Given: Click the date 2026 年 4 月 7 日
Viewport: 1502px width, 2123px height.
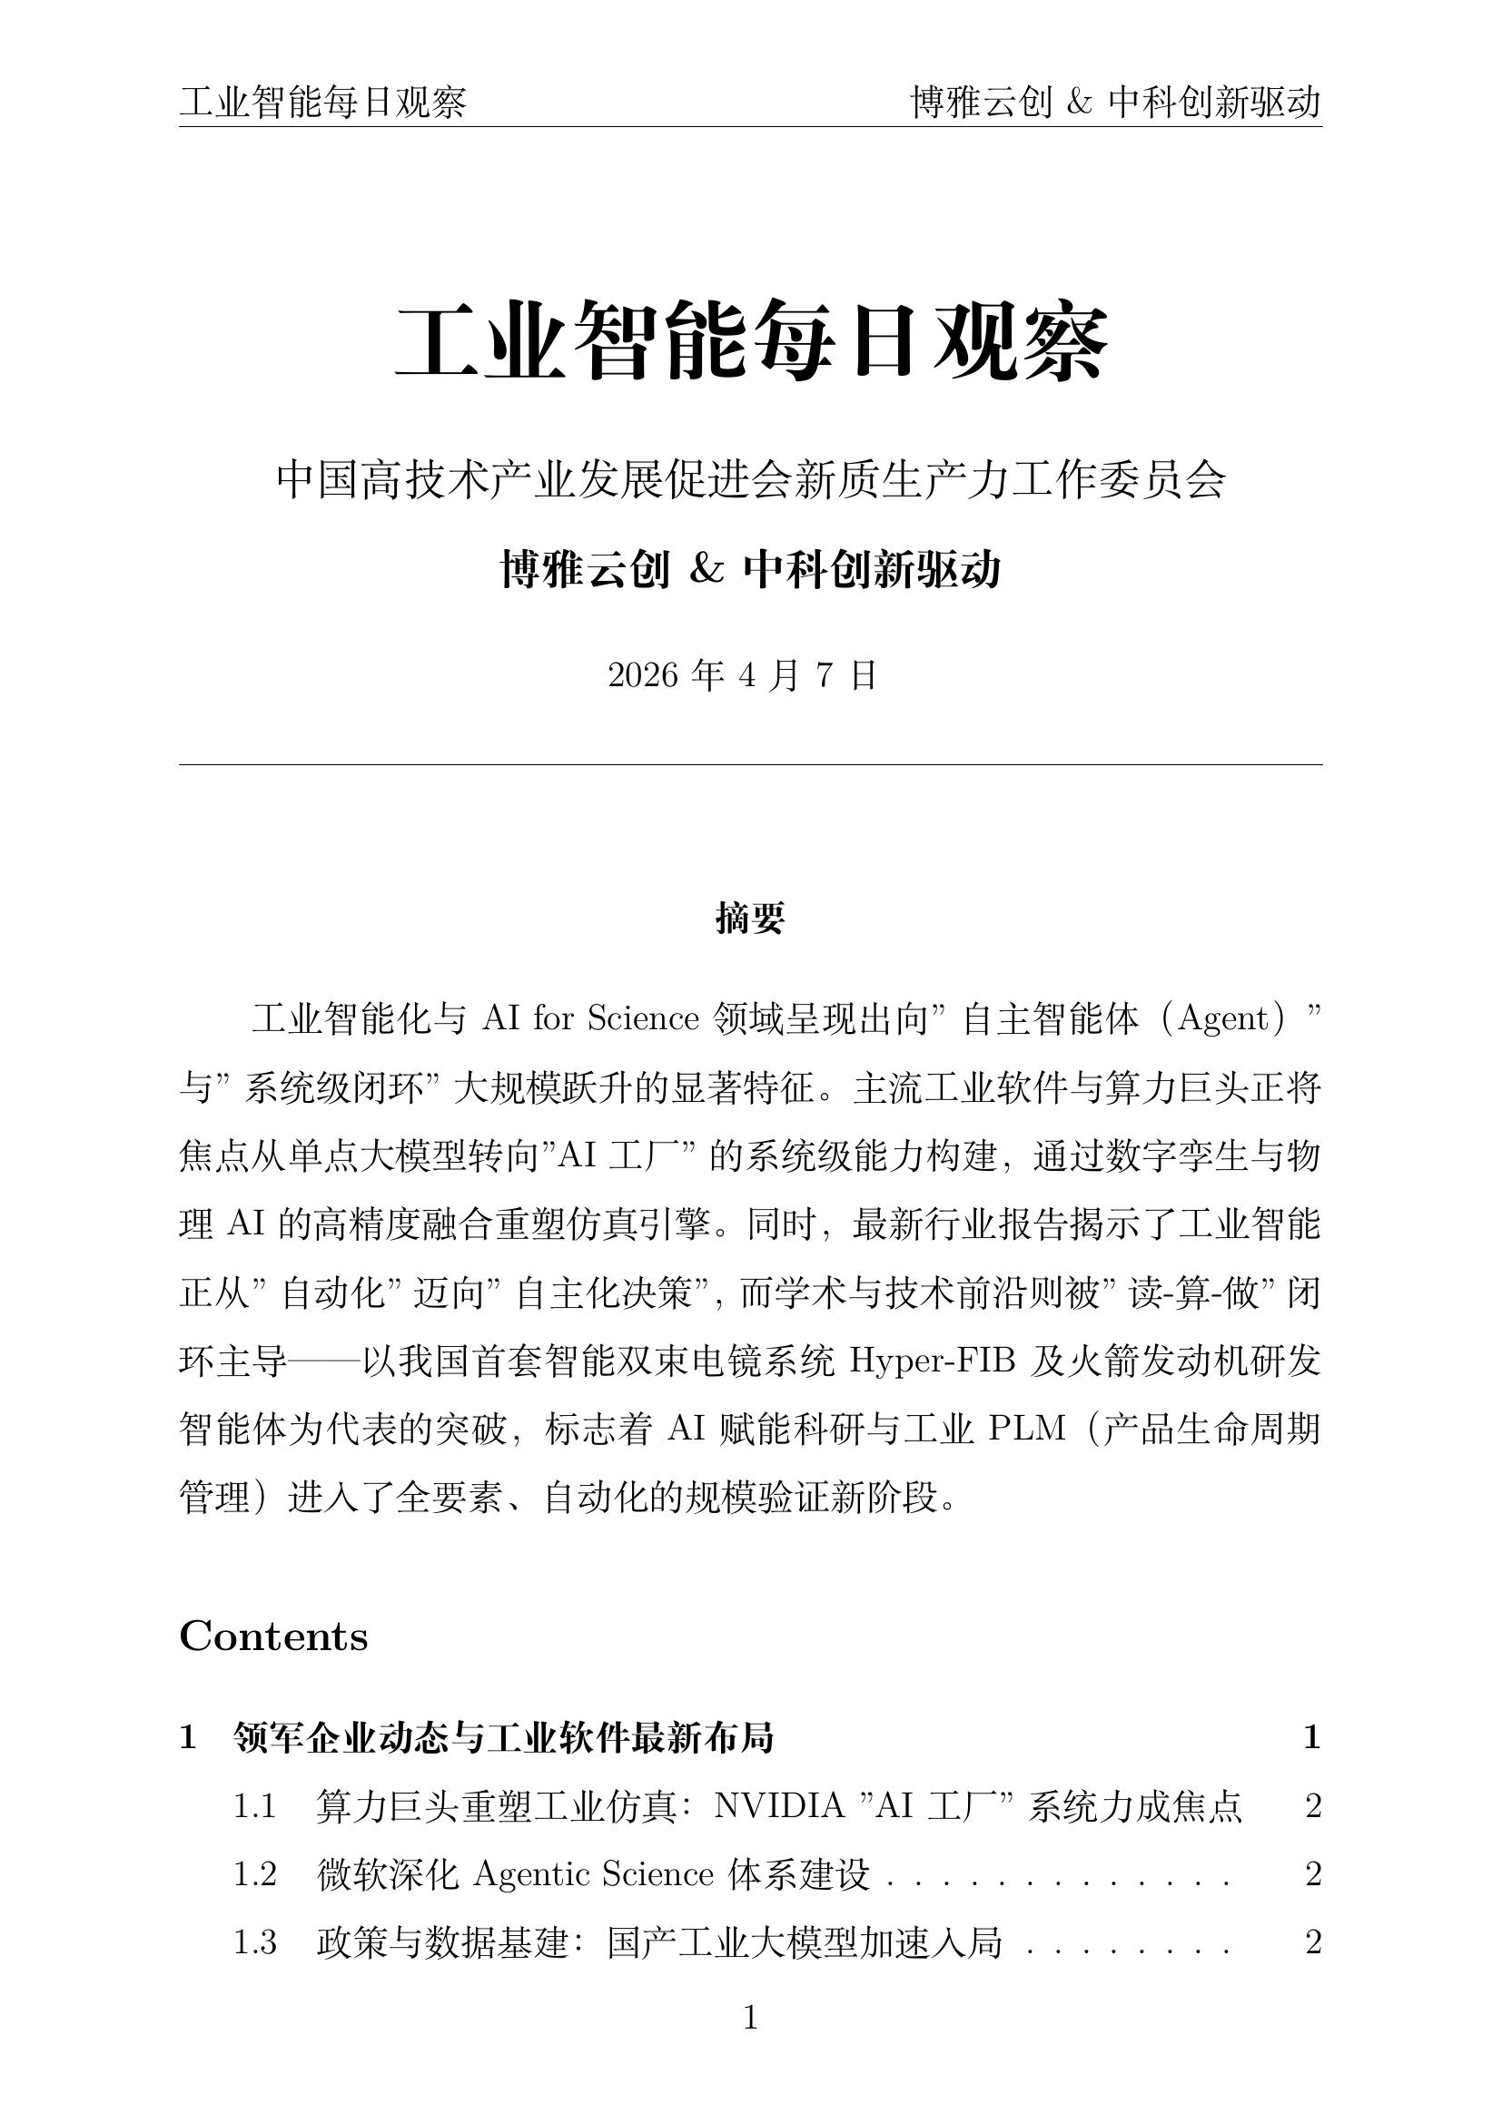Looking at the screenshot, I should click(742, 676).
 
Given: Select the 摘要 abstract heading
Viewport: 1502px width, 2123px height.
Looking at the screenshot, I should click(750, 919).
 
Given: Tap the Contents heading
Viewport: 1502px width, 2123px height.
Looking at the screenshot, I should click(273, 1636).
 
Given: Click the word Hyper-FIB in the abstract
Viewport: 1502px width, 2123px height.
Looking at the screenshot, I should click(933, 1361).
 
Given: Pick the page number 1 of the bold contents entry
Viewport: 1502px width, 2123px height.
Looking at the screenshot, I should click(1311, 1737).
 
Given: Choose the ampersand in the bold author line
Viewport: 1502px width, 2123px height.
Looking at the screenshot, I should click(706, 570).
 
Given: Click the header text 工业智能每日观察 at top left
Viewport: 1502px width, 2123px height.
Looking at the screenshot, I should click(322, 102).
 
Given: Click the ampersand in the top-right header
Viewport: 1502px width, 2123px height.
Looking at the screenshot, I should click(1080, 102).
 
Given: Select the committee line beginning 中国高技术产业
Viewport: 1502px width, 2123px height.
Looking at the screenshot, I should click(750, 481).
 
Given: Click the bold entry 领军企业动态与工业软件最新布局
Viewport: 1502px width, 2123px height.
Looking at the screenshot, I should click(503, 1737).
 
